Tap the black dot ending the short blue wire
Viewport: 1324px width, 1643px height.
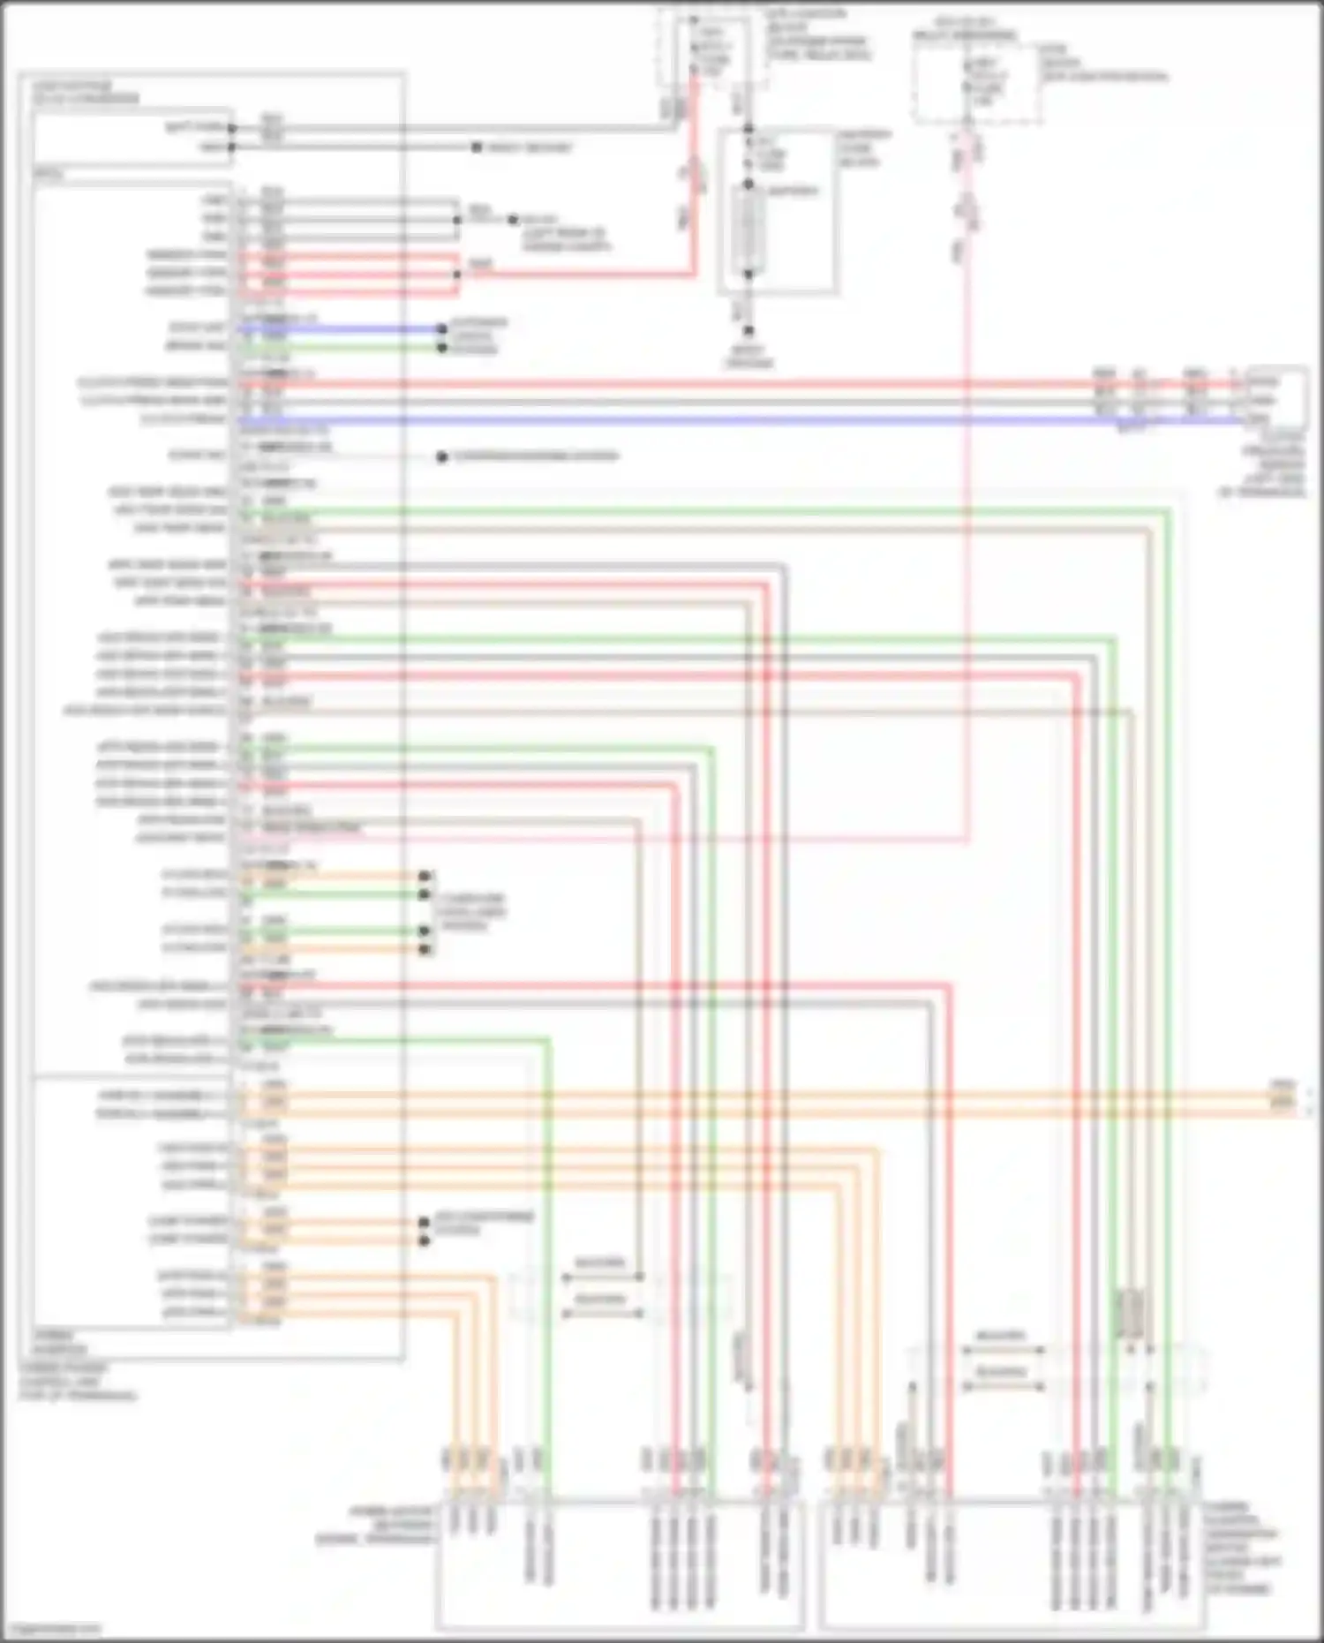[x=442, y=329]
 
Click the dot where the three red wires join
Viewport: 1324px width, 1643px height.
[x=456, y=274]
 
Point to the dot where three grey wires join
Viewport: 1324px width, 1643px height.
[x=456, y=219]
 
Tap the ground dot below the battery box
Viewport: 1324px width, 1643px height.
[x=749, y=331]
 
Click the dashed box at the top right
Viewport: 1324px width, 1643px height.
[x=975, y=83]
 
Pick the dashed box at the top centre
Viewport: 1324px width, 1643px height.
[x=711, y=49]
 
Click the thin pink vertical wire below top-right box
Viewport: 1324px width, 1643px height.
[x=968, y=530]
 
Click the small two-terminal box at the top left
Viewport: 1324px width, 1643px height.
[x=132, y=137]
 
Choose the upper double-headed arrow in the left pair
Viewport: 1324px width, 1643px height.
[x=602, y=1277]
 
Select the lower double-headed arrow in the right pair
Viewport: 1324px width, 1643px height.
[x=1003, y=1387]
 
